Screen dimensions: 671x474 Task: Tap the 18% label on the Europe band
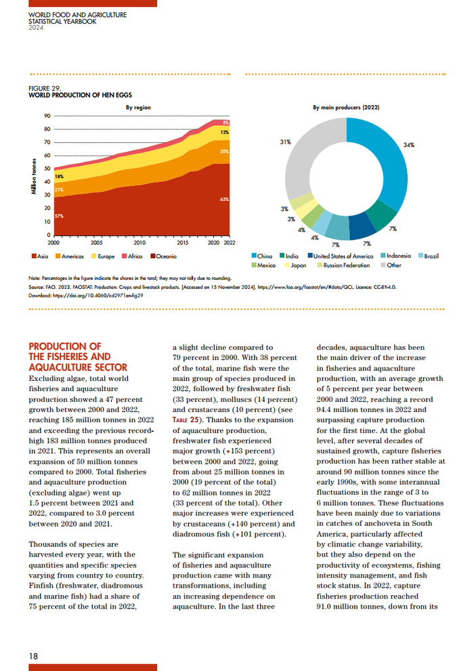click(59, 176)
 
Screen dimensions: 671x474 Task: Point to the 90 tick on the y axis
click(47, 117)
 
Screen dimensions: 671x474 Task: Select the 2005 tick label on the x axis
click(97, 242)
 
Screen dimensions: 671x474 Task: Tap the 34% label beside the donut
click(408, 145)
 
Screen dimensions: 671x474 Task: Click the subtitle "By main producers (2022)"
click(346, 107)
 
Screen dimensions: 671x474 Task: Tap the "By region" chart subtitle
click(138, 107)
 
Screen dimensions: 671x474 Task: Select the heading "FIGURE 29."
click(45, 88)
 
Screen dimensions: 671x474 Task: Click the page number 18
click(33, 655)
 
